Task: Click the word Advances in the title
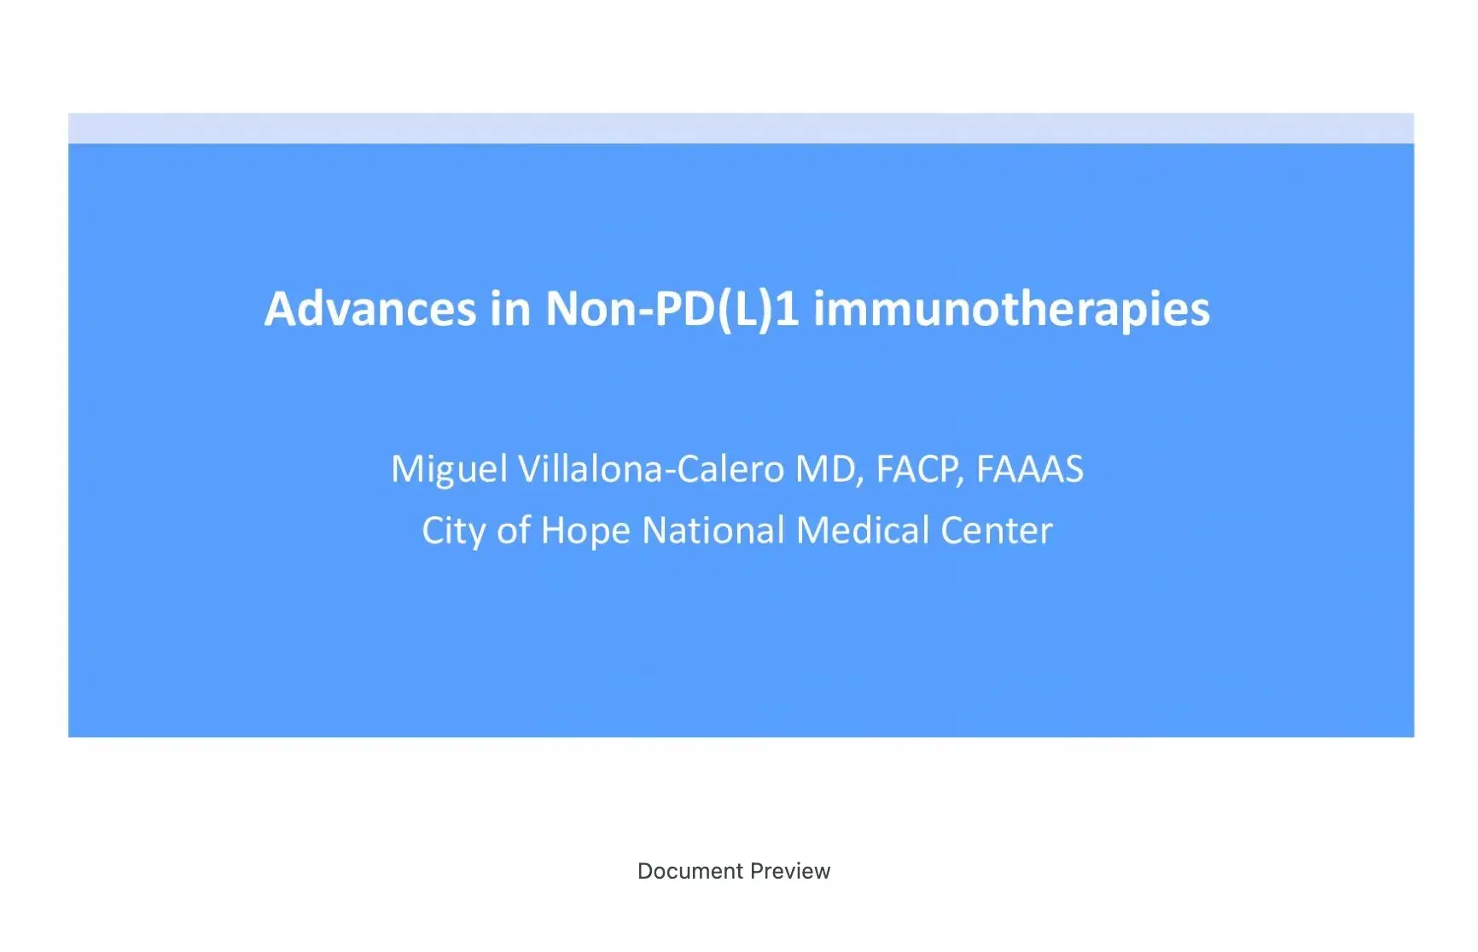[370, 309]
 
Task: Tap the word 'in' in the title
[510, 309]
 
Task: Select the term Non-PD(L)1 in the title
[672, 309]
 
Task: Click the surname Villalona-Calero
[652, 469]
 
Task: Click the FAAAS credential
[1029, 469]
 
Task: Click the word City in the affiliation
[453, 531]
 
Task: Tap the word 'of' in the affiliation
[514, 531]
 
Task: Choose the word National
[713, 531]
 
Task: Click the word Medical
[862, 531]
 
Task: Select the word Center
[997, 531]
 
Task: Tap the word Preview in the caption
[791, 871]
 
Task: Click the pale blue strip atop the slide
[741, 128]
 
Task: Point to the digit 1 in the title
[788, 309]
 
